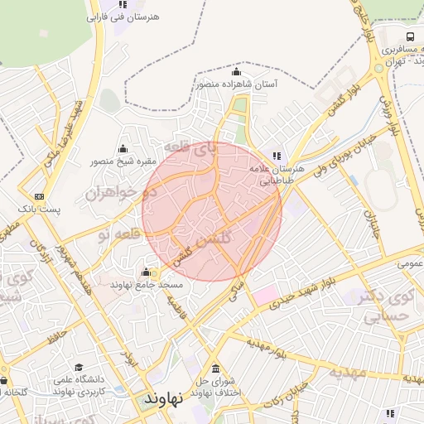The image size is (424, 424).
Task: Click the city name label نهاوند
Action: (161, 398)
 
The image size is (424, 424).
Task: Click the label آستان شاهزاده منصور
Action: (237, 84)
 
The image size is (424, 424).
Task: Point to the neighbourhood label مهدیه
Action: (349, 371)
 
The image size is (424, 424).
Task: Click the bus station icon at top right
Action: (410, 37)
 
